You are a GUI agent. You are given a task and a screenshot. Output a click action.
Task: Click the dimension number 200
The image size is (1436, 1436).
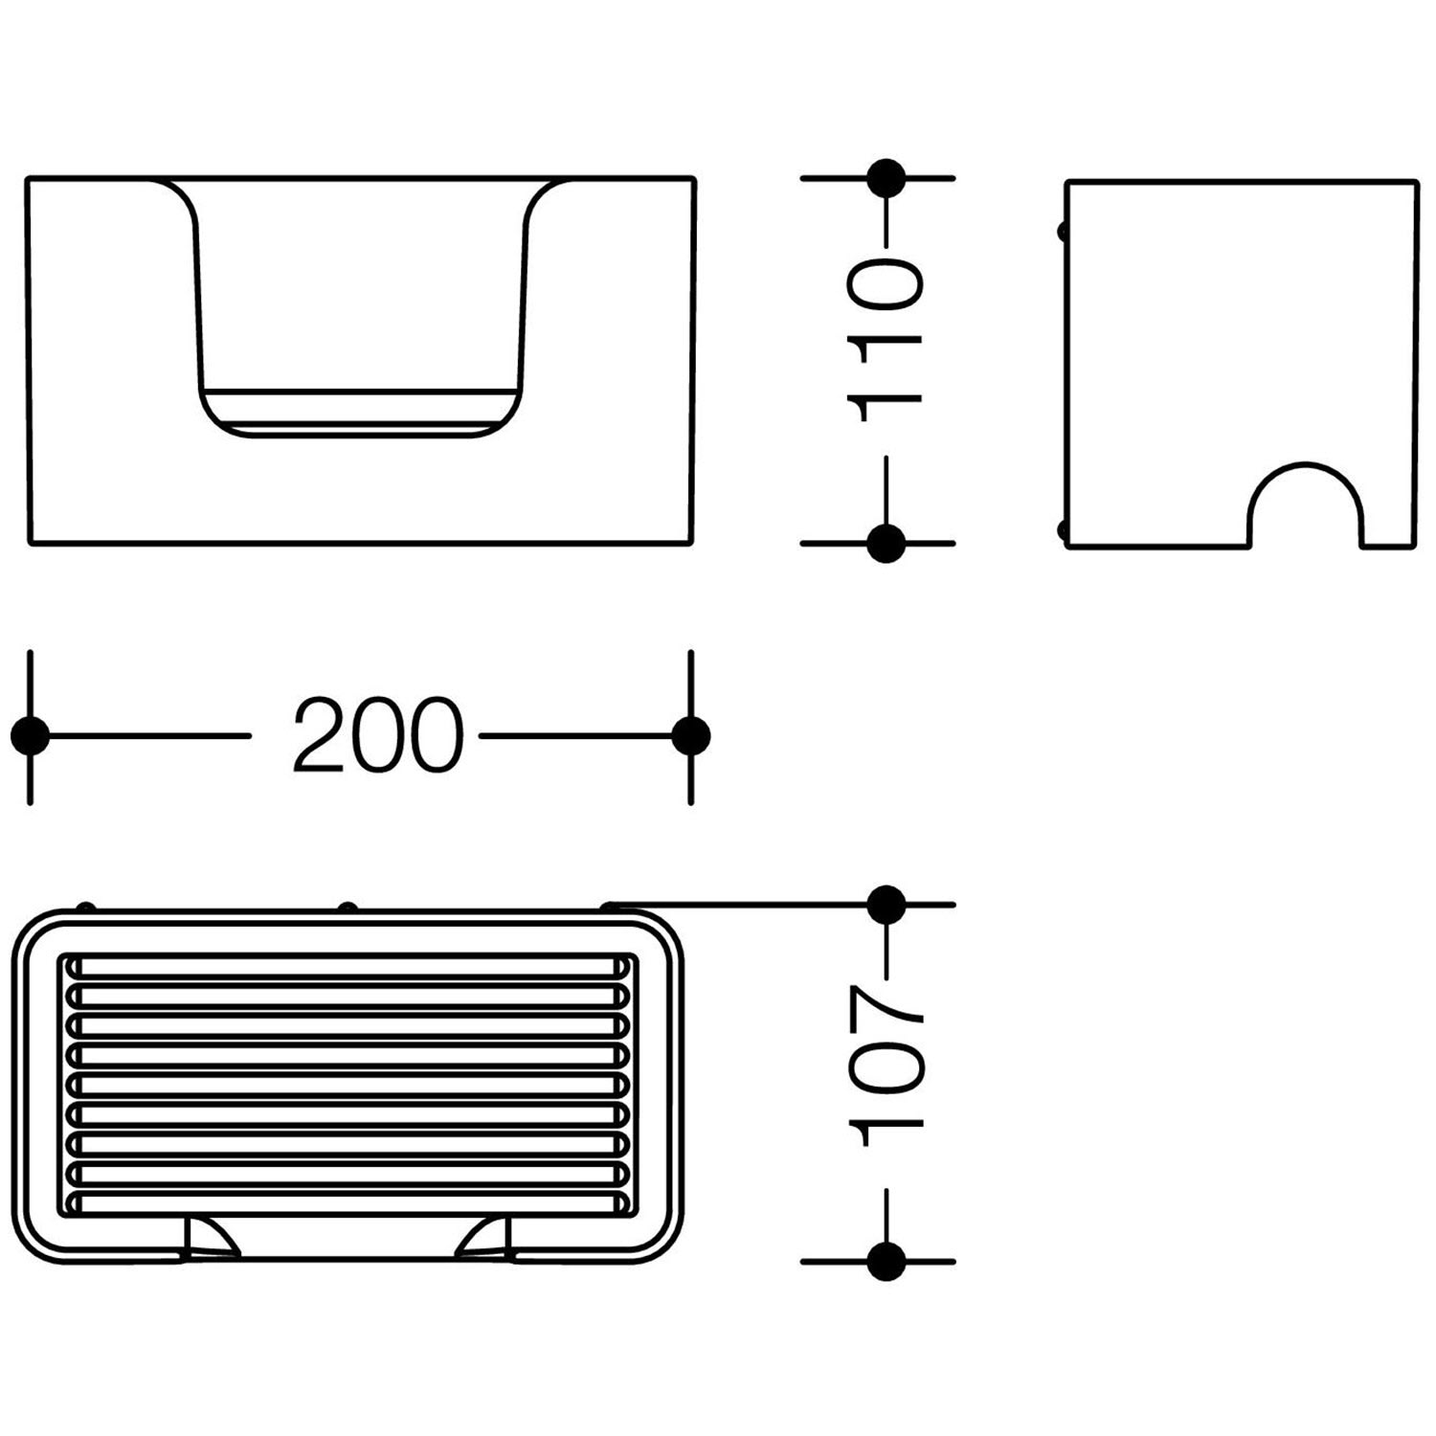click(x=378, y=735)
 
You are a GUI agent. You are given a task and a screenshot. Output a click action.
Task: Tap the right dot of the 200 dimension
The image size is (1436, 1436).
click(x=691, y=735)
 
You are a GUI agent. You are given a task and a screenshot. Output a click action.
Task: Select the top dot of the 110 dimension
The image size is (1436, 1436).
click(x=886, y=178)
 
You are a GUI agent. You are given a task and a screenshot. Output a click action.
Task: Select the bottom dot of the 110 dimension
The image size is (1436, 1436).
click(x=886, y=543)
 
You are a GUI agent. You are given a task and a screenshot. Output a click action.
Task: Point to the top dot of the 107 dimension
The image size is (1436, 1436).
click(x=886, y=904)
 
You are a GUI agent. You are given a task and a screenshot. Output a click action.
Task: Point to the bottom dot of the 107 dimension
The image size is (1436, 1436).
click(x=886, y=1261)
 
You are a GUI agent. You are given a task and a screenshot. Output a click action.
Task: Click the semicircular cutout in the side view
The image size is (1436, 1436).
click(x=1306, y=466)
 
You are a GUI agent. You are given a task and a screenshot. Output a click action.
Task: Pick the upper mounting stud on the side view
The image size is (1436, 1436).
click(x=1061, y=231)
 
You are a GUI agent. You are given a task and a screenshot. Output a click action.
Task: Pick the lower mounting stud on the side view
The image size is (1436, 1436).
click(x=1061, y=528)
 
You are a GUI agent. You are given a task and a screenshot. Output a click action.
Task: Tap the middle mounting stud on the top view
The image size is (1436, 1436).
click(x=348, y=906)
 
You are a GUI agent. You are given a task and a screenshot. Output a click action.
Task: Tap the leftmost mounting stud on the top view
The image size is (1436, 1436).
click(x=85, y=906)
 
